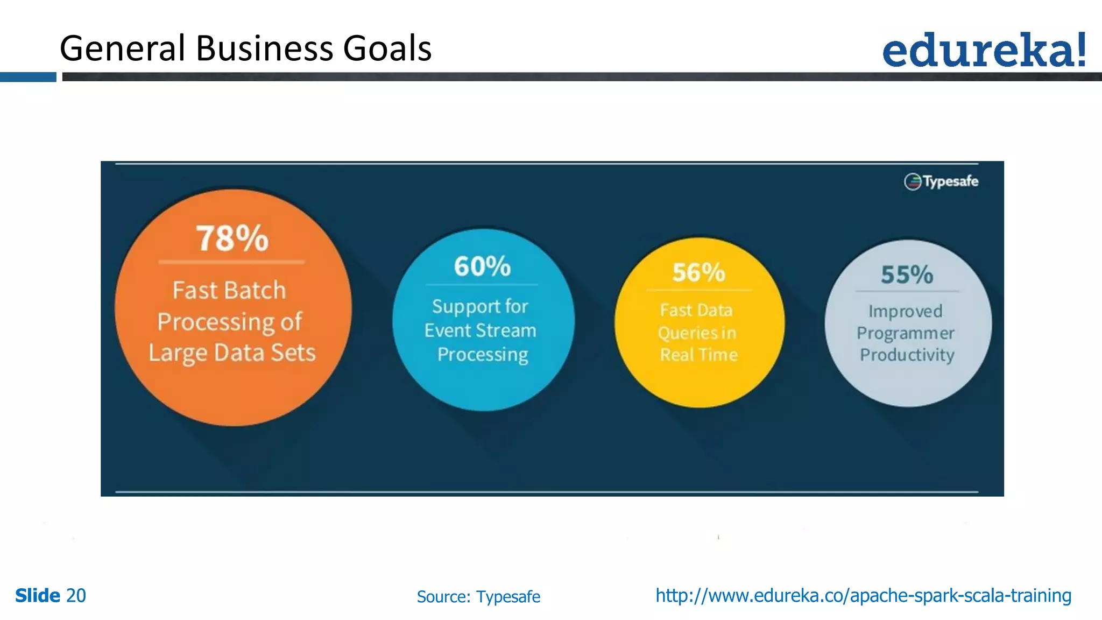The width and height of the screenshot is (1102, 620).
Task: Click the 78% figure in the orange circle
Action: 232,238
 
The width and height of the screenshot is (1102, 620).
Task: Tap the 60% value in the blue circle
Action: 482,266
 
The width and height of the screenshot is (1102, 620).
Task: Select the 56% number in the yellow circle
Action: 698,272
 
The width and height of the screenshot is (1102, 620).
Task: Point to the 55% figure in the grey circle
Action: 907,275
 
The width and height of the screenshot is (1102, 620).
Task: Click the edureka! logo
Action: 984,50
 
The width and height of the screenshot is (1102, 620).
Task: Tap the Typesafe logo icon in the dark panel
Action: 913,182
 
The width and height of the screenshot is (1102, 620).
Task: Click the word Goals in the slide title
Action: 387,48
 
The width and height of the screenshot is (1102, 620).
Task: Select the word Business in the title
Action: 265,48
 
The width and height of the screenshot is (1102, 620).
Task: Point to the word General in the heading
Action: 123,48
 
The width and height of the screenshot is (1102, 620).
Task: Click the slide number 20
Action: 76,596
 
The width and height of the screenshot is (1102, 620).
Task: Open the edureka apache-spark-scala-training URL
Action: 863,596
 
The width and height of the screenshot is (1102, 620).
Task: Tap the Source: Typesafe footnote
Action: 478,597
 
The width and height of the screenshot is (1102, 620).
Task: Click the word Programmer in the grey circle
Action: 906,334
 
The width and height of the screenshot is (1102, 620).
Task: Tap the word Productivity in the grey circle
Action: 907,355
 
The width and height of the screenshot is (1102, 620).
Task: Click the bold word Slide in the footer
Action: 38,596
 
